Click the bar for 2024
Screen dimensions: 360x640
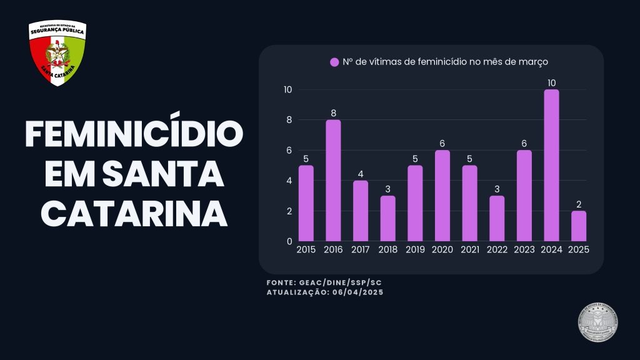pyautogui.click(x=551, y=166)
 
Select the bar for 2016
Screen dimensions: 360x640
pyautogui.click(x=333, y=181)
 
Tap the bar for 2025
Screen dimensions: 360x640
pyautogui.click(x=579, y=226)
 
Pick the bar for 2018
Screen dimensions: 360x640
pyautogui.click(x=387, y=219)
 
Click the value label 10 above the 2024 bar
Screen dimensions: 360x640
pyautogui.click(x=551, y=83)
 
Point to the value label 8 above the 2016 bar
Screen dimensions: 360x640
pyautogui.click(x=333, y=113)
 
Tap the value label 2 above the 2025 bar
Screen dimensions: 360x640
pyautogui.click(x=579, y=204)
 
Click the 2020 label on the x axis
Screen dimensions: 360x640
pyautogui.click(x=442, y=249)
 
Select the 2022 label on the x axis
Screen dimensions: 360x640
pyautogui.click(x=497, y=249)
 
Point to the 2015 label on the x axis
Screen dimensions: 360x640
pyautogui.click(x=306, y=249)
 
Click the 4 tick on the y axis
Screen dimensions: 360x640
pyautogui.click(x=288, y=181)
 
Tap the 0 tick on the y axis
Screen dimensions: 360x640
pyautogui.click(x=289, y=241)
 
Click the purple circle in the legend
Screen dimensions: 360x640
pyautogui.click(x=334, y=62)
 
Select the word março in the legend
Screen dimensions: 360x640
pyautogui.click(x=533, y=62)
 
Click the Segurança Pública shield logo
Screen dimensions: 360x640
pyautogui.click(x=57, y=54)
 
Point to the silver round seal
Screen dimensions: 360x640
pyautogui.click(x=599, y=323)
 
